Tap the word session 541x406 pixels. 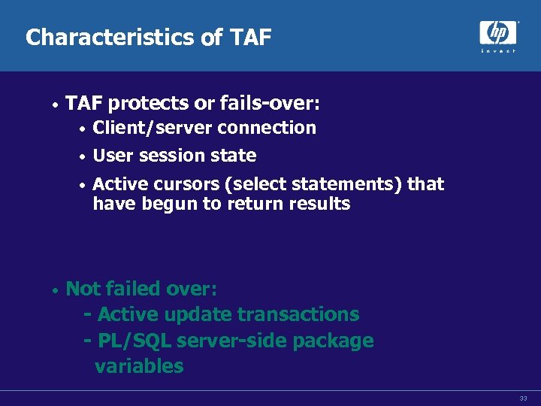pos(174,156)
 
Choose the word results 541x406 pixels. pos(320,204)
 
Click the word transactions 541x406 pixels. pos(298,314)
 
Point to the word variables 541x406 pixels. pos(139,366)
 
